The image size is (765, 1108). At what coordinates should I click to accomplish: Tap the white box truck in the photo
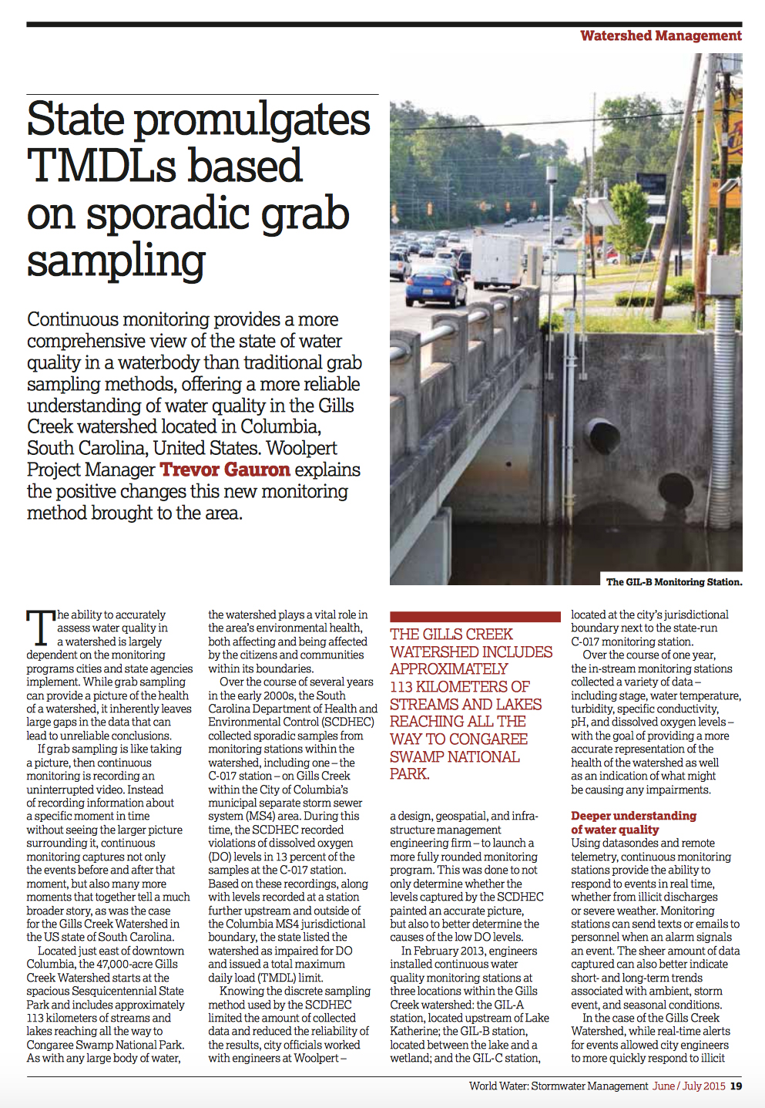[x=498, y=260]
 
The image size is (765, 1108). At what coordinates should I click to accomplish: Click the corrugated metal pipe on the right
[x=724, y=401]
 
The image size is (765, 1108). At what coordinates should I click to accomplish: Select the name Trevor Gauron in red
[x=225, y=470]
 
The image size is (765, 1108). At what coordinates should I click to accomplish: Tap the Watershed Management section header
[x=660, y=35]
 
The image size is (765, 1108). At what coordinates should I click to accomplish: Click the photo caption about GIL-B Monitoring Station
[x=674, y=582]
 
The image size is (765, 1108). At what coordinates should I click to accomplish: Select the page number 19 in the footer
[x=736, y=1086]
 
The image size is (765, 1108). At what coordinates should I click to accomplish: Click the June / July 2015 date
[x=689, y=1086]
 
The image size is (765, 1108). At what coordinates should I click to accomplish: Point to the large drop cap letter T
[x=40, y=628]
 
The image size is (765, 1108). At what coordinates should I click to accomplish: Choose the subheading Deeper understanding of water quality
[x=633, y=823]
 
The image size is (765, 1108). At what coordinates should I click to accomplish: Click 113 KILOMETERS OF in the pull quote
[x=459, y=686]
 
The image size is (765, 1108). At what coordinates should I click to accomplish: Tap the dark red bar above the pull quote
[x=475, y=617]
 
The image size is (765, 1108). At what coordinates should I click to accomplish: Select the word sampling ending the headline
[x=116, y=261]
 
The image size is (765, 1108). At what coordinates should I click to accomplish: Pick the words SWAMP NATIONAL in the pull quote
[x=455, y=756]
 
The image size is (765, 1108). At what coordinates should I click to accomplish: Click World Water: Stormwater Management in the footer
[x=559, y=1086]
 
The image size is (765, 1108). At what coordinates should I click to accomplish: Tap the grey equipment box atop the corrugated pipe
[x=724, y=276]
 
